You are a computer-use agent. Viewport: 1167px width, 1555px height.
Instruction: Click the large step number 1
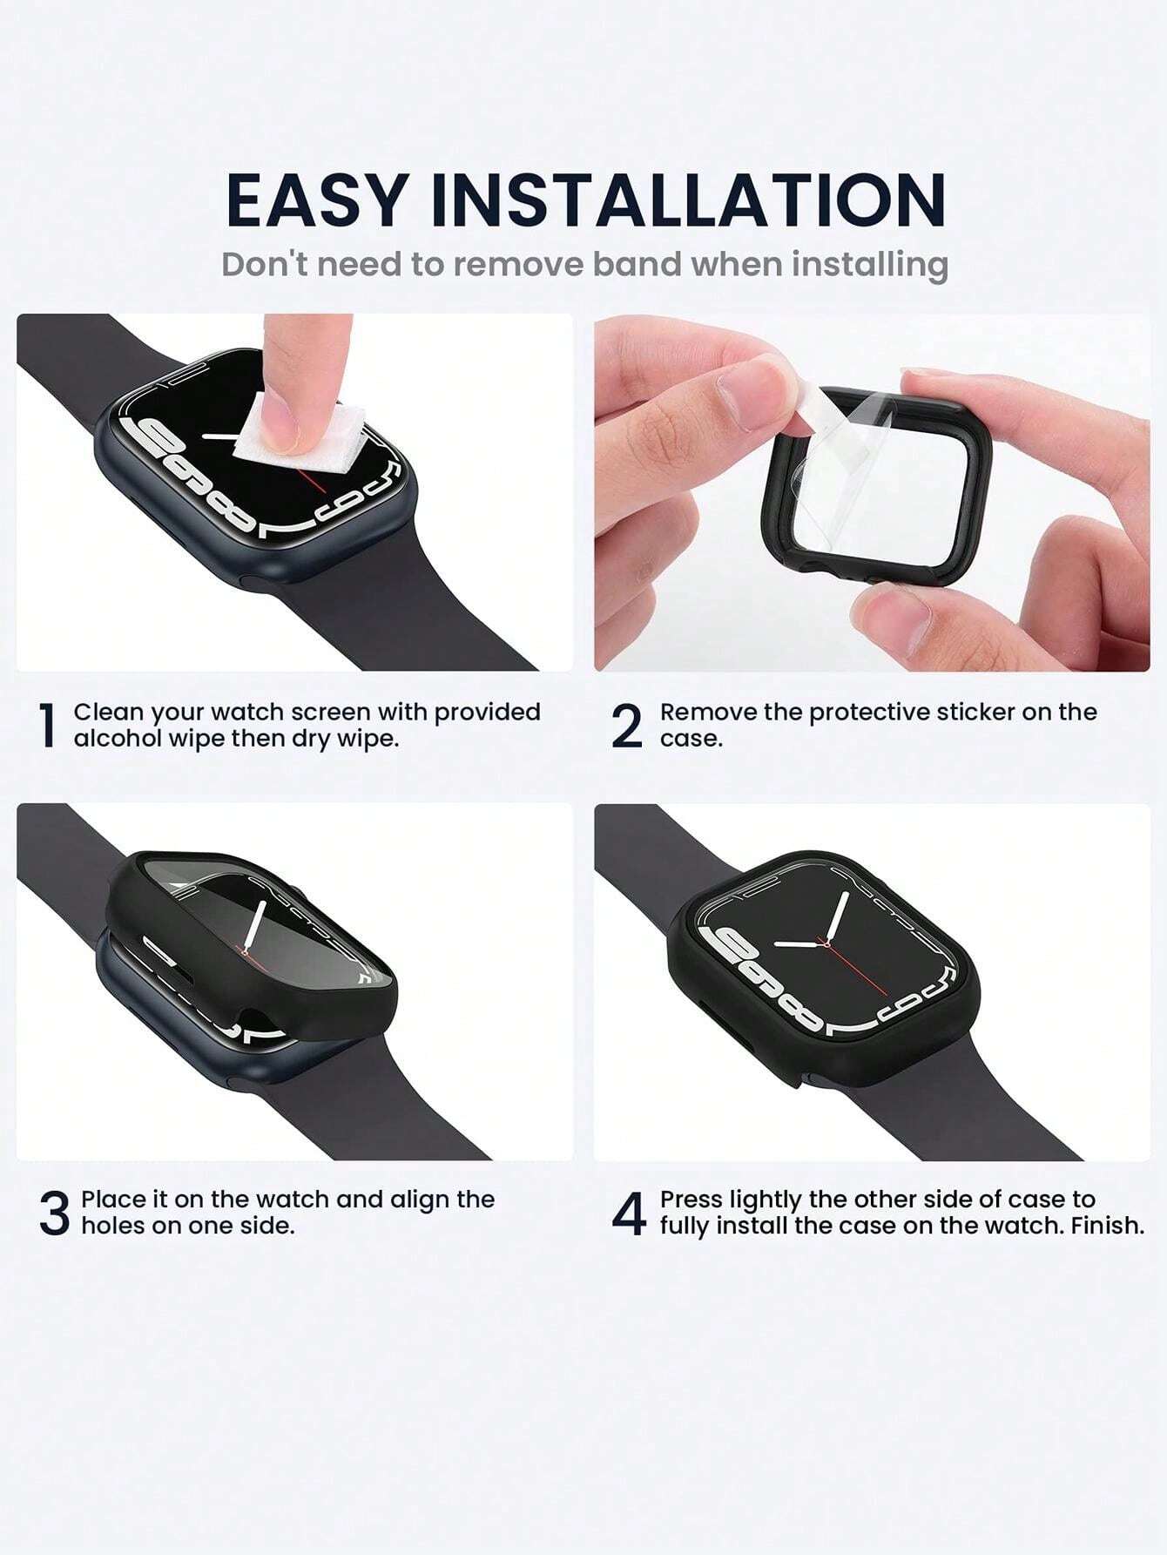pos(49,726)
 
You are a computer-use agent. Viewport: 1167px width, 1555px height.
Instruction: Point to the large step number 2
pos(627,726)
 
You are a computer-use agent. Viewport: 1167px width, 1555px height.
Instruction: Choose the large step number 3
pos(54,1214)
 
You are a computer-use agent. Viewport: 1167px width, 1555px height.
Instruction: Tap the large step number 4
pos(629,1214)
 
